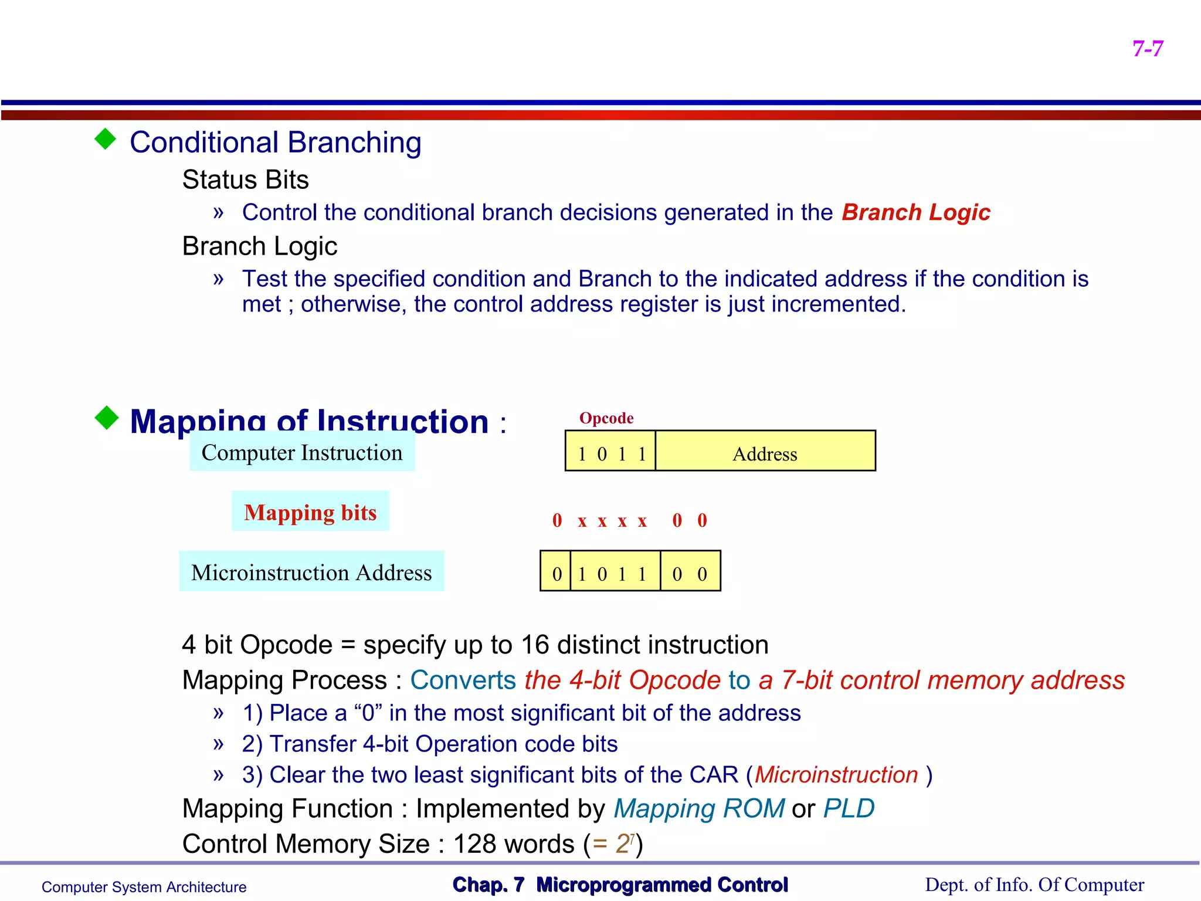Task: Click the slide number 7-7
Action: (1148, 49)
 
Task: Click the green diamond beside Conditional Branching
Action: (106, 140)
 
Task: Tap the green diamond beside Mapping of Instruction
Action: (107, 418)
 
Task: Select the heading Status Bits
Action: (245, 179)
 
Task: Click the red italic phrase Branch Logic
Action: (915, 212)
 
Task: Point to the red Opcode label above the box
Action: (606, 418)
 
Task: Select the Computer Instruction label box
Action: (302, 452)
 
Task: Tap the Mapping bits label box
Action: (310, 512)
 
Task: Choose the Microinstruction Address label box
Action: (311, 572)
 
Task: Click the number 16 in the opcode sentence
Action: (535, 645)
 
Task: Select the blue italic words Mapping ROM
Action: (698, 808)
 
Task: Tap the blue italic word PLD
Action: (849, 808)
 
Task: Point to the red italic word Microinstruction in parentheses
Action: (836, 775)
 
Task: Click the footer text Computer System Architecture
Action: (144, 887)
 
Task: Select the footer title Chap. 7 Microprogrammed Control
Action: (620, 885)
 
